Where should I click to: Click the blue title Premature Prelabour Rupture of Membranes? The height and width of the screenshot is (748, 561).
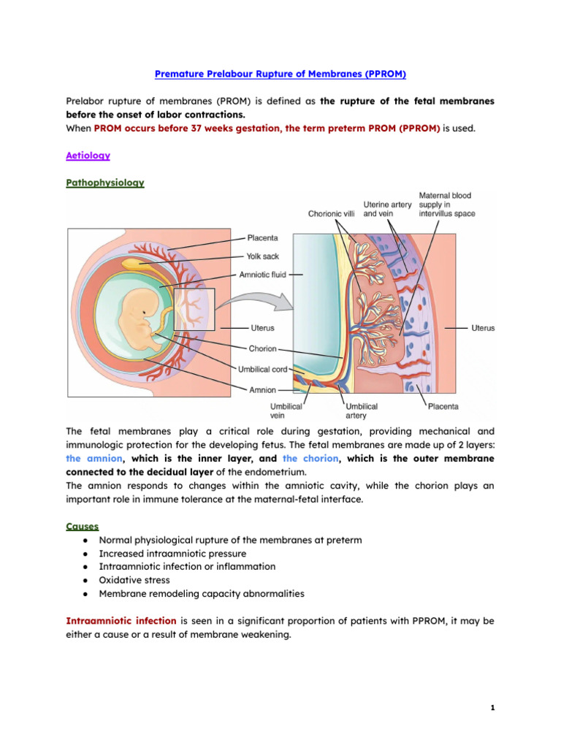280,74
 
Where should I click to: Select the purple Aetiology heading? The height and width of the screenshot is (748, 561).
88,156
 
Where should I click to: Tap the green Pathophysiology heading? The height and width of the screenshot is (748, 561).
105,183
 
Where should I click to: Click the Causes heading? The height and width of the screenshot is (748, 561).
83,526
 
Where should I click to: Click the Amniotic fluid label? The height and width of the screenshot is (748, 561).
262,275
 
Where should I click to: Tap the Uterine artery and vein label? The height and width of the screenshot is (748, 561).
386,210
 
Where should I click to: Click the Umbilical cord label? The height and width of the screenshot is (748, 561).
263,370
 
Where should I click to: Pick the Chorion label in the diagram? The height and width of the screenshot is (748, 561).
262,349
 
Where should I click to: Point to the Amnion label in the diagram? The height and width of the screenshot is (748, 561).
263,390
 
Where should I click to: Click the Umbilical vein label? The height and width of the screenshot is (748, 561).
283,411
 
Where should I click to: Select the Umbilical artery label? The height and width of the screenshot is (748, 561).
362,411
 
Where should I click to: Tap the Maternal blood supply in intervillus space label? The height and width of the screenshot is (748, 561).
446,205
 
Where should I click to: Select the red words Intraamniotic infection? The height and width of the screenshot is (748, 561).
121,621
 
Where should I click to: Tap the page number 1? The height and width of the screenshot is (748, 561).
493,708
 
